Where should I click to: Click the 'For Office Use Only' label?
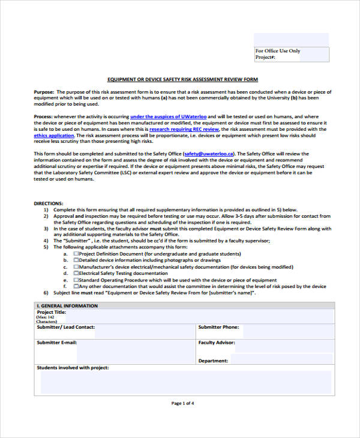point(278,51)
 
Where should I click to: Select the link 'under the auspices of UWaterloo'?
point(169,116)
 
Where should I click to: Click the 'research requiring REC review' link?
point(184,129)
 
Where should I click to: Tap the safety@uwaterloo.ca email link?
point(209,154)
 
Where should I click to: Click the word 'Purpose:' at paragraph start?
point(44,91)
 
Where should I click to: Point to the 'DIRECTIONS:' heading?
point(49,203)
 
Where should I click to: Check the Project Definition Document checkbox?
point(76,254)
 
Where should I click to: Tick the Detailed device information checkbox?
point(76,260)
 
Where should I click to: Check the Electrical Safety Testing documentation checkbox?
point(76,273)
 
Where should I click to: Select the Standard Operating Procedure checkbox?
point(76,280)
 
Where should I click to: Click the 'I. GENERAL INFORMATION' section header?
point(67,306)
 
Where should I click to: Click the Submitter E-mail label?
point(57,343)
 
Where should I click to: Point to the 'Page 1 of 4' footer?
point(182,403)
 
